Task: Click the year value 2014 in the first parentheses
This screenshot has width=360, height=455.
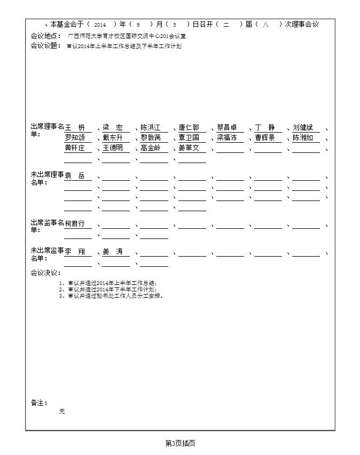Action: click(100, 25)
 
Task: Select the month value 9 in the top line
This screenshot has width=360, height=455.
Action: click(138, 25)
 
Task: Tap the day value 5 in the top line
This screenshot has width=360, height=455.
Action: click(174, 25)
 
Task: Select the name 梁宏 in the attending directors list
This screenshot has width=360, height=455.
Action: click(113, 128)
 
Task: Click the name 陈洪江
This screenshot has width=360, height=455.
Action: click(151, 128)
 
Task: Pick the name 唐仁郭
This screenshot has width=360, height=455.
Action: click(189, 128)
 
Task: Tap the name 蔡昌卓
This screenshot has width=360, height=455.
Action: click(227, 128)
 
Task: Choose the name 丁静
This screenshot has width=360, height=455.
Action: click(265, 128)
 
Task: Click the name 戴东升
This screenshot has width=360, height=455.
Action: click(113, 137)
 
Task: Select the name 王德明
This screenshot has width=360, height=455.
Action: click(113, 148)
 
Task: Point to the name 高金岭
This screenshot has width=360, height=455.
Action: click(151, 148)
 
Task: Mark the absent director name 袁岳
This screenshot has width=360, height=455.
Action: click(74, 175)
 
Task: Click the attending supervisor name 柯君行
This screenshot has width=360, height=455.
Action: click(75, 223)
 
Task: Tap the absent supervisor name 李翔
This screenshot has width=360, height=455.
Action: click(74, 251)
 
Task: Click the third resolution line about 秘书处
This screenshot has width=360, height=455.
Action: click(111, 295)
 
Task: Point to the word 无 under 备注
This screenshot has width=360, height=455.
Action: click(62, 412)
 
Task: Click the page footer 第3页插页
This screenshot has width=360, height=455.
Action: click(180, 443)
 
